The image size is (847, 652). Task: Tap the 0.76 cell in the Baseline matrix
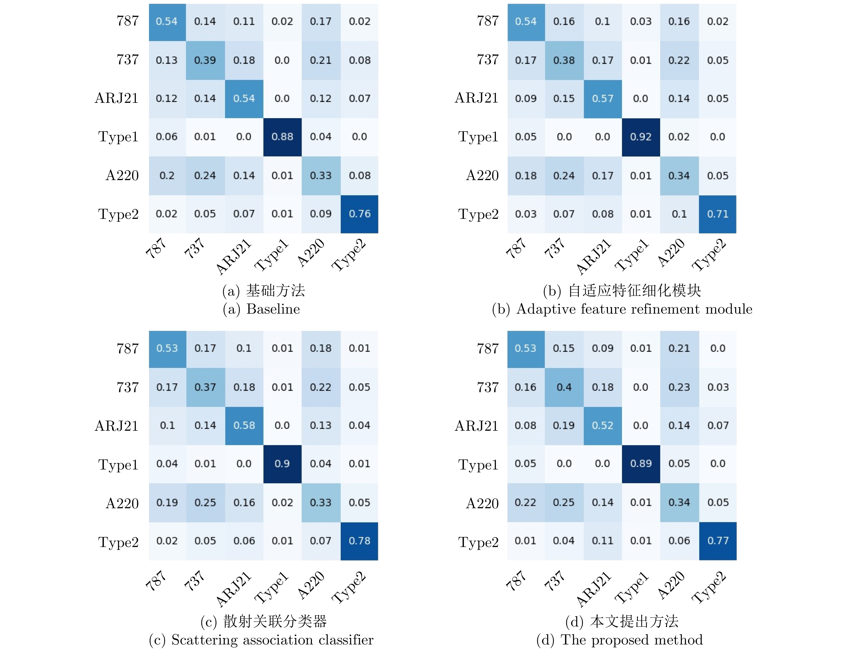click(359, 214)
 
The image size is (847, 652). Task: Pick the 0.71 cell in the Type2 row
click(717, 214)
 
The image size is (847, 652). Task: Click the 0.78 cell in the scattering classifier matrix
click(359, 541)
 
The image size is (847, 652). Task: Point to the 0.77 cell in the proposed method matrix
click(718, 541)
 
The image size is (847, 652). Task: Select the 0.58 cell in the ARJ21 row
click(244, 425)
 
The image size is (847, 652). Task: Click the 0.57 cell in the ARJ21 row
click(602, 99)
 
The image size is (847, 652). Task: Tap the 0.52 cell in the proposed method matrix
click(602, 425)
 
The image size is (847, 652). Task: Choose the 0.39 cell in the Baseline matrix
click(205, 60)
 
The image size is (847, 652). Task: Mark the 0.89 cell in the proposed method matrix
click(641, 464)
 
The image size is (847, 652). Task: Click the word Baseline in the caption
click(273, 309)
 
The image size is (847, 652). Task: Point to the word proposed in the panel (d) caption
click(620, 640)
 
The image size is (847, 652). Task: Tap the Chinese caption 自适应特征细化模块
click(634, 290)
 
